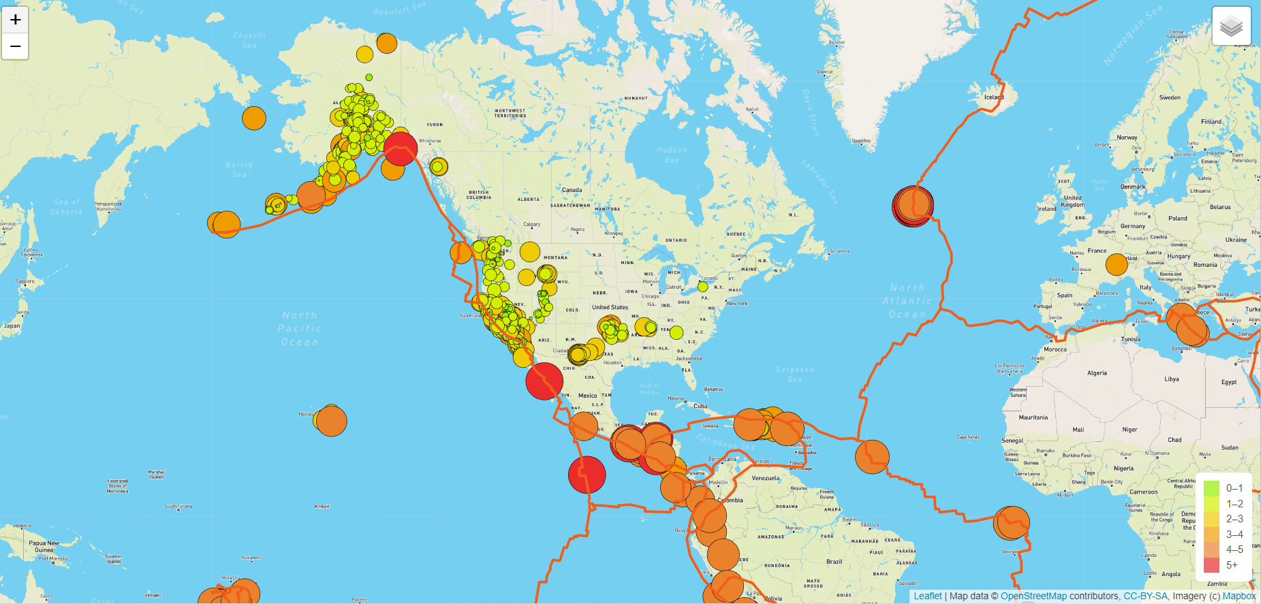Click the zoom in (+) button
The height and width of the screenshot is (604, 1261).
pos(15,20)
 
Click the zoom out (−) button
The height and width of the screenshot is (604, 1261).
pos(15,46)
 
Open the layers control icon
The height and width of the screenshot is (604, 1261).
pos(1231,27)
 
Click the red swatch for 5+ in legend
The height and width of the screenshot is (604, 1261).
pos(1211,565)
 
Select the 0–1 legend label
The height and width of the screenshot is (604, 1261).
pos(1234,488)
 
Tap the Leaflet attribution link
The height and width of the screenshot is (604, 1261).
pos(927,596)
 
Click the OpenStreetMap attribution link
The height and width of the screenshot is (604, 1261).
pos(1033,596)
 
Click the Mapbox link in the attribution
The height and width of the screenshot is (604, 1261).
pos(1239,596)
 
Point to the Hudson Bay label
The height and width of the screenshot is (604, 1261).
pos(672,155)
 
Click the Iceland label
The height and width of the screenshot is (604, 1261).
pos(994,97)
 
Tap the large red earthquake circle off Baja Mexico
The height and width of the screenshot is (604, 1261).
pos(544,381)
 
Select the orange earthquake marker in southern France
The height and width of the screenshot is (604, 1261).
pos(1117,264)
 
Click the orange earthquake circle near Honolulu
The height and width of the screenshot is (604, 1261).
pos(331,421)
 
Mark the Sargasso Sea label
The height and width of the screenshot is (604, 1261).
pos(794,374)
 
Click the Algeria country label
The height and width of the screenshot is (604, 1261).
pos(1097,373)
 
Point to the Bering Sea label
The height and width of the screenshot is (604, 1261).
pos(239,169)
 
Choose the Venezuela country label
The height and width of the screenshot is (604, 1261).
pos(765,478)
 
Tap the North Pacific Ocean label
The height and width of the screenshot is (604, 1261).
pos(300,328)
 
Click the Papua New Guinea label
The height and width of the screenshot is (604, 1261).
pos(44,547)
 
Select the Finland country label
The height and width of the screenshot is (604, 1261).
pos(1211,122)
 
